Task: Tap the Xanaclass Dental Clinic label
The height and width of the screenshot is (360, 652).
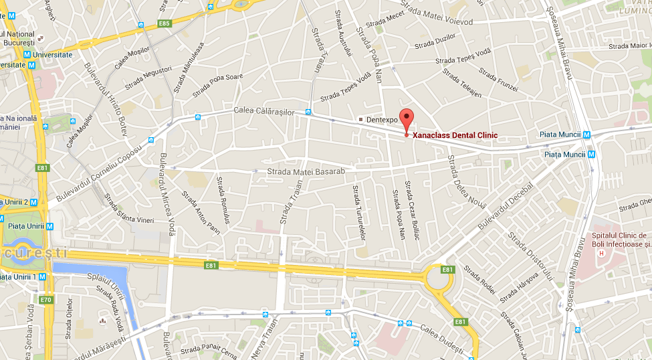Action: coord(455,135)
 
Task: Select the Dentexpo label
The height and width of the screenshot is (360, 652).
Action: coord(381,119)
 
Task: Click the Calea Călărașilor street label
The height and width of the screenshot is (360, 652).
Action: coord(264,112)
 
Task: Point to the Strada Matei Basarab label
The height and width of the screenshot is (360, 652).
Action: coord(306,172)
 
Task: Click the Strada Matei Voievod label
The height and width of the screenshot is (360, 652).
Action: coord(441,22)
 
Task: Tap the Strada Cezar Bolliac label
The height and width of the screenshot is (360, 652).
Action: coord(411,211)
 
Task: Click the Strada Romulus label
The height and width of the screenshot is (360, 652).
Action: coord(223,200)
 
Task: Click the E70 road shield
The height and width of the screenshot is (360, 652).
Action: coord(45,299)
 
